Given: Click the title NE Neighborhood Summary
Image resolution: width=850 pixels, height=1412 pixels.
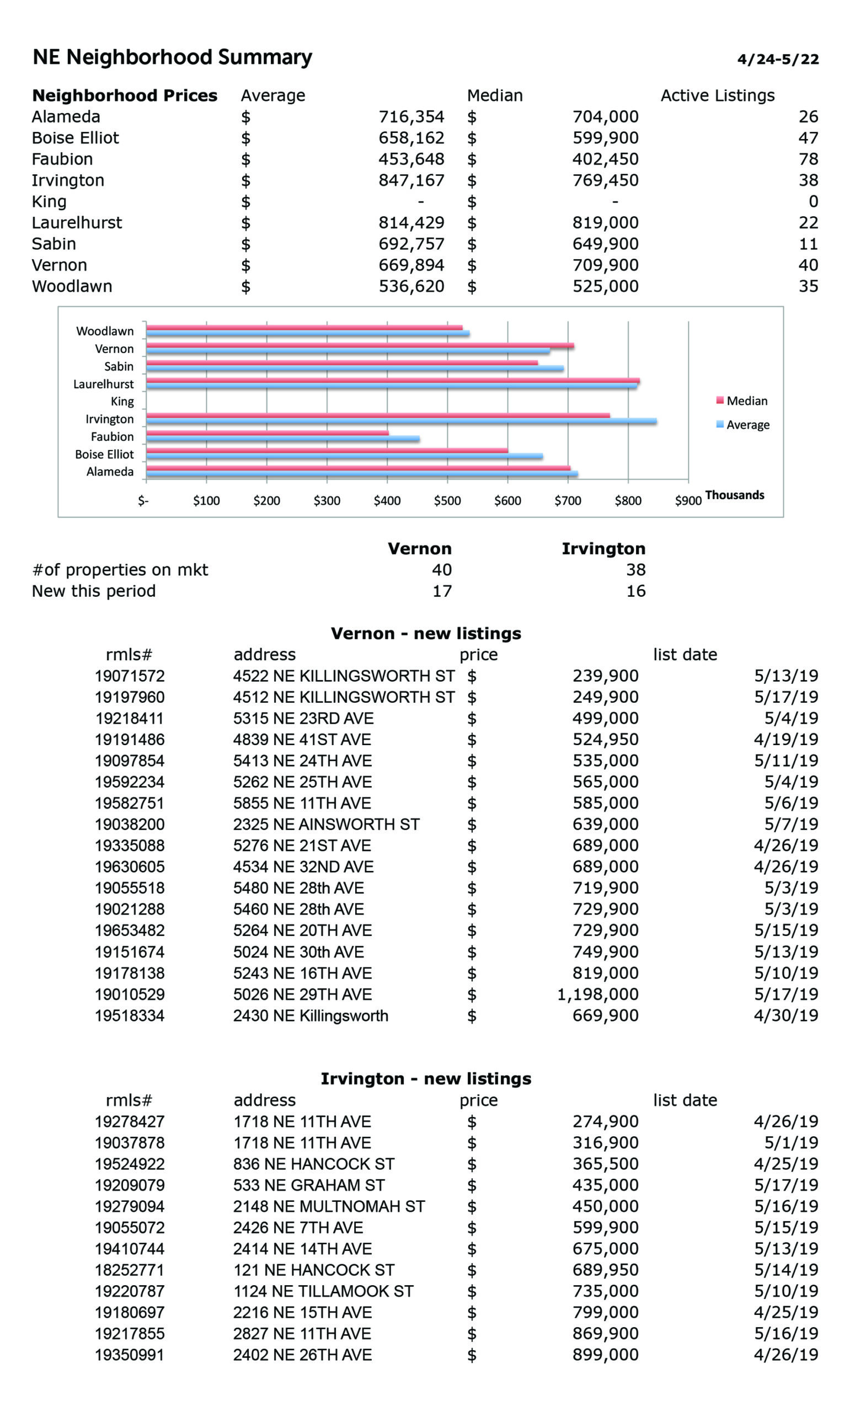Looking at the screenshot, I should (172, 57).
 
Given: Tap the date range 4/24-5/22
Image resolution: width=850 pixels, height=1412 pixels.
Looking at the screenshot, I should (777, 60).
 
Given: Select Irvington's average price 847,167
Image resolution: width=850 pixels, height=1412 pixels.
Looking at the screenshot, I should (411, 180).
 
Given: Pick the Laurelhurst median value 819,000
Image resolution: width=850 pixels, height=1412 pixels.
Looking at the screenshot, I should (605, 223).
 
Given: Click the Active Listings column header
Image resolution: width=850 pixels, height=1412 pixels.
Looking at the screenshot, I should (717, 95).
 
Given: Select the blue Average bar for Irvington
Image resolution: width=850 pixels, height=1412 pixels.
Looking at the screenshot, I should (401, 421).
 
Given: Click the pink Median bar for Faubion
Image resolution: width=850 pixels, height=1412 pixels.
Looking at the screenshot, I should (267, 432).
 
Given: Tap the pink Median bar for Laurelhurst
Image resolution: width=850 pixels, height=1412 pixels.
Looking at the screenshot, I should (392, 380).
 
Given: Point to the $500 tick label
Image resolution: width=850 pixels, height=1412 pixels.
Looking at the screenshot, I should (447, 501).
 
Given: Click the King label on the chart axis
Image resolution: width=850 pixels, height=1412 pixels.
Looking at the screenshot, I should (122, 402).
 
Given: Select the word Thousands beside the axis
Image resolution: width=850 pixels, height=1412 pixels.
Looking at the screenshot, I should (734, 495).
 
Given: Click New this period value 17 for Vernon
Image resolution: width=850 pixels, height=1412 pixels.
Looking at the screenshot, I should (442, 591).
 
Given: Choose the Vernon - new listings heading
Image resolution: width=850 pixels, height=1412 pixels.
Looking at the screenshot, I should (426, 633).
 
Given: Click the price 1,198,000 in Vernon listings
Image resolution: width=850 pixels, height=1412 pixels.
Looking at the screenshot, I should (597, 994).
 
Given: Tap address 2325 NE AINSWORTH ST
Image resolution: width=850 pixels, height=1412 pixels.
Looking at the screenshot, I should (326, 825).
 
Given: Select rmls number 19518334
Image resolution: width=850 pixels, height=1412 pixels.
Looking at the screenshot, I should (130, 1016).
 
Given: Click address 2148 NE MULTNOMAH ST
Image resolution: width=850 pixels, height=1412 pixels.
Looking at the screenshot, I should (329, 1206).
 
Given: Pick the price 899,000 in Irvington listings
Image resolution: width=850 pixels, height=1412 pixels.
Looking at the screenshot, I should (605, 1355).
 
